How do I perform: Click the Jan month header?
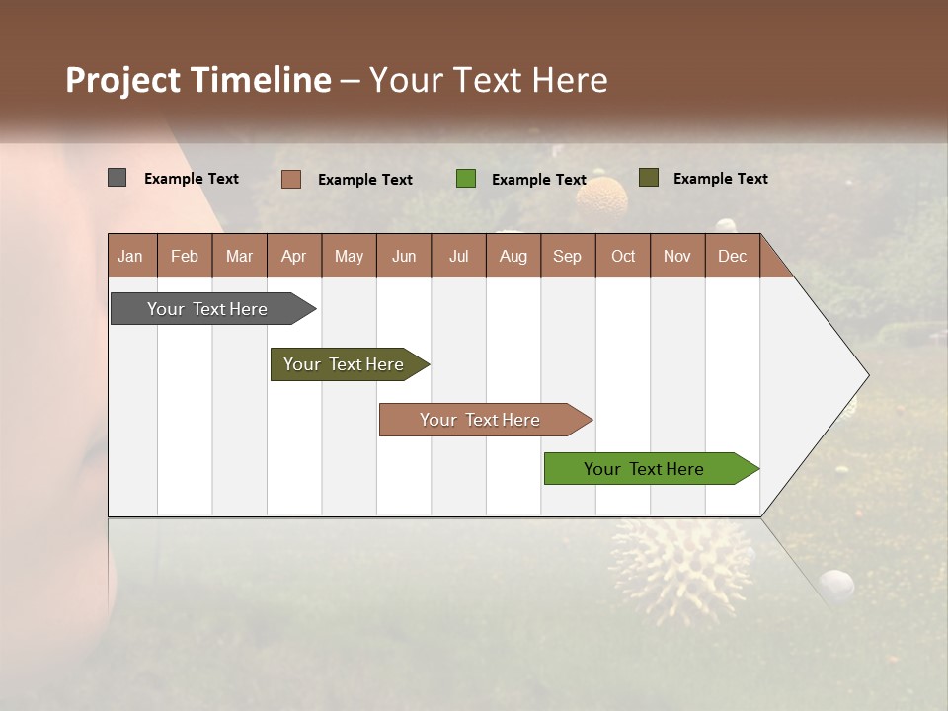pos(131,256)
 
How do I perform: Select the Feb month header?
pos(185,256)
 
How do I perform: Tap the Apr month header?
pos(294,256)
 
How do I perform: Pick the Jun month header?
pos(404,256)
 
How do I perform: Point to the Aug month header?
pos(513,256)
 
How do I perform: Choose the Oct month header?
pos(623,256)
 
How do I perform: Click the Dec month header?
pos(733,256)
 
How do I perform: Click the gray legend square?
pos(118,178)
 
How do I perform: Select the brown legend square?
pos(291,179)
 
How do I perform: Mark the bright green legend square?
pos(466,179)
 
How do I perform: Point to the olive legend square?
pos(649,178)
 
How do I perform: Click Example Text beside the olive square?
pos(720,179)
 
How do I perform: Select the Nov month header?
pos(677,256)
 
